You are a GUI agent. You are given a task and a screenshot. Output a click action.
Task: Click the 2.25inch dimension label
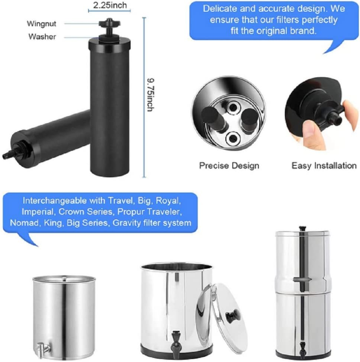[110, 5]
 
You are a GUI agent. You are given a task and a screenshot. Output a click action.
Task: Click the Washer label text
[42, 36]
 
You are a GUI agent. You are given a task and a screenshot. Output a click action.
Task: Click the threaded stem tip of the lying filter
[6, 156]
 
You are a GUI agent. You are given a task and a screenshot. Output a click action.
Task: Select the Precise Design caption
[229, 165]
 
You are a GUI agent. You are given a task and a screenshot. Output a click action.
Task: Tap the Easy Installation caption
[324, 165]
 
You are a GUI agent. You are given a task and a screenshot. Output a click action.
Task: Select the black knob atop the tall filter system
[303, 228]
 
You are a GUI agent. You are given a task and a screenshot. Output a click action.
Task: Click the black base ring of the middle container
[175, 353]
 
